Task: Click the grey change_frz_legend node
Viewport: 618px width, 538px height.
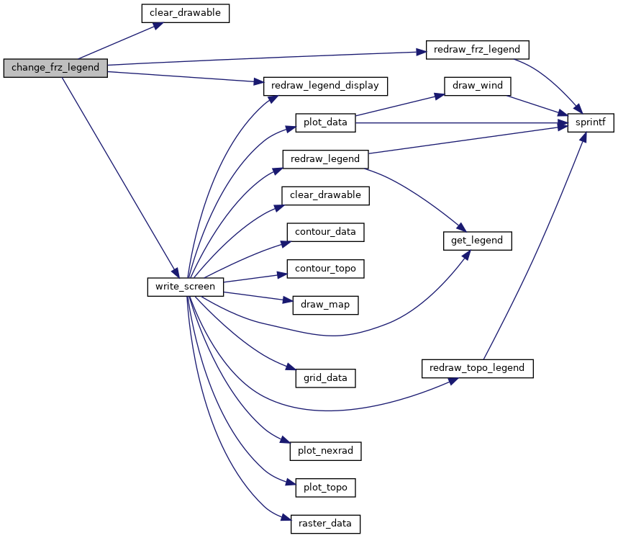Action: click(x=55, y=68)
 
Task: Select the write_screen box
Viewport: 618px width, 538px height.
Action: click(x=185, y=287)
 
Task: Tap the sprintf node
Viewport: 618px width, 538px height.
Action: click(x=591, y=122)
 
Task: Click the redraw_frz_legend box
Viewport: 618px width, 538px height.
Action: click(x=477, y=50)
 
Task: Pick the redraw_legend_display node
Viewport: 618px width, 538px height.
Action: click(x=325, y=86)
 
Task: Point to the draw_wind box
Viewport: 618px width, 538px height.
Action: click(x=477, y=86)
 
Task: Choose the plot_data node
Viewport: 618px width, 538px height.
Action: click(x=325, y=122)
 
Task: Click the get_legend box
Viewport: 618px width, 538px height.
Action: click(x=477, y=241)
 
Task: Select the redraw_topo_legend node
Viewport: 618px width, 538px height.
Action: click(x=477, y=369)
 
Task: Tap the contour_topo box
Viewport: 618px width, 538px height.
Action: click(x=325, y=269)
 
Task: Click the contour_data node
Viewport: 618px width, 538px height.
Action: click(x=325, y=232)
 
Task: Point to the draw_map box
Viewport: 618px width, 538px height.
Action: click(x=325, y=305)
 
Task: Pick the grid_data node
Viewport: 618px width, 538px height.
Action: click(x=325, y=378)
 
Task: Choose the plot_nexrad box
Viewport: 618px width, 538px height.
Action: click(x=325, y=451)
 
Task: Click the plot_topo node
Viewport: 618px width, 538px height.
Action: click(x=325, y=488)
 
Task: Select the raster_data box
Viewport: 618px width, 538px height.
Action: click(x=325, y=524)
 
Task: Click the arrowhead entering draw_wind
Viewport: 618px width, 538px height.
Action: click(x=439, y=96)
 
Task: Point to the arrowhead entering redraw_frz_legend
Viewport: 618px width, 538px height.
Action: click(x=421, y=52)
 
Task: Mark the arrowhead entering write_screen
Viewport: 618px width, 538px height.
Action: click(x=175, y=273)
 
